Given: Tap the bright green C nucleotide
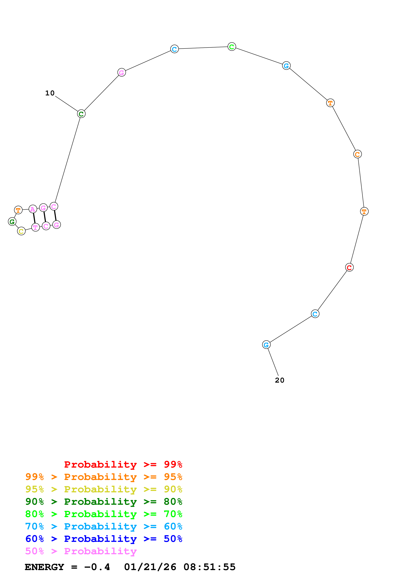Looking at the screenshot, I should coord(232,47).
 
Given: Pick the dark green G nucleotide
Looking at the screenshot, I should coord(12,222).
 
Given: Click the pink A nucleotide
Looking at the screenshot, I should coord(33,209).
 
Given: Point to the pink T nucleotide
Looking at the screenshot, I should coord(35,227).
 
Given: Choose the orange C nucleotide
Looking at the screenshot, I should coord(357,154).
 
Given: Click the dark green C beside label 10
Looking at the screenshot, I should coord(81,114).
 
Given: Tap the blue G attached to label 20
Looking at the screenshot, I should coord(266,345).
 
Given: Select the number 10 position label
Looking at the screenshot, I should coord(50,93).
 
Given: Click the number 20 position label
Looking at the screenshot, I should coord(279,380).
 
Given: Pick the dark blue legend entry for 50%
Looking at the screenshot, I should coord(104,539).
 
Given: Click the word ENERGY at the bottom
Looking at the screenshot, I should coord(44,567).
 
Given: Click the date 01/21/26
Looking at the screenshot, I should coord(150,567).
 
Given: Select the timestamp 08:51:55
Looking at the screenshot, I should coord(209,567).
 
